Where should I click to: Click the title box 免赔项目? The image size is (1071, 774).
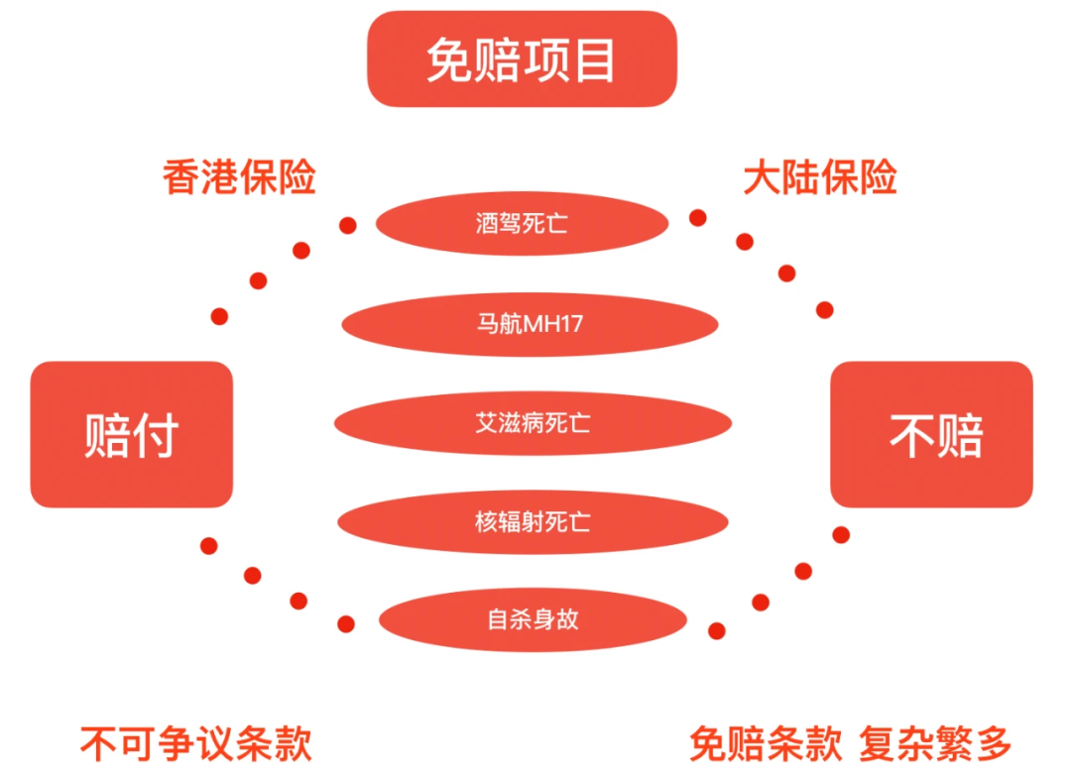pos(522,59)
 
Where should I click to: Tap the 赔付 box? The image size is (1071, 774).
pos(131,435)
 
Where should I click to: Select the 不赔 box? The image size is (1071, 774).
pos(931,435)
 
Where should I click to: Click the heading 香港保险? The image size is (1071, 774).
pos(239,178)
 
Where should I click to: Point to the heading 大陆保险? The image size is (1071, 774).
pos(820,178)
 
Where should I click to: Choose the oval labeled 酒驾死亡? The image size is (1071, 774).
pos(522,224)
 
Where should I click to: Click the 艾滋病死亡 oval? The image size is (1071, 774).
pos(533,424)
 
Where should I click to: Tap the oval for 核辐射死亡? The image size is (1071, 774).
pos(533,521)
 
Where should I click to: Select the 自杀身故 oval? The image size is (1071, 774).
pos(533,620)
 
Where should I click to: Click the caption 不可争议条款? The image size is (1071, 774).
pos(196,743)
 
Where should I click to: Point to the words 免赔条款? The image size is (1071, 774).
pos(766,743)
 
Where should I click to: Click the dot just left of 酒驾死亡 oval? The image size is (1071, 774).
pos(347,225)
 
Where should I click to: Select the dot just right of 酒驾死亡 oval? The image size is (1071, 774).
pos(698,218)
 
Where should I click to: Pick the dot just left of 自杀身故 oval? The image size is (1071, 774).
pos(346,623)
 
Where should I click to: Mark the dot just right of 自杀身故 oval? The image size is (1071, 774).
pos(717,630)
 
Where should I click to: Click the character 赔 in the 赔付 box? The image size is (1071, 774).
pos(106,435)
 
